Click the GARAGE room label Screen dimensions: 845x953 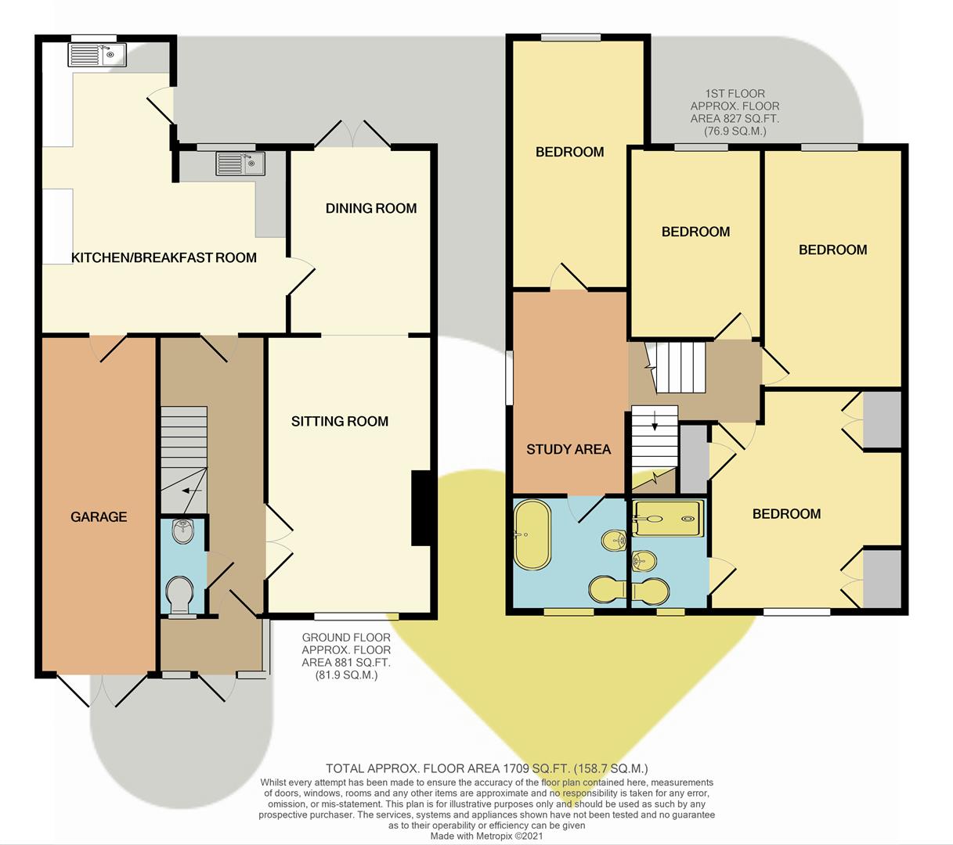99,516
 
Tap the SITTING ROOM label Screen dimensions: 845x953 340,421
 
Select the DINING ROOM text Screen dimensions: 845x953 371,208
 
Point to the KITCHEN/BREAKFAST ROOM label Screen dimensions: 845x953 164,257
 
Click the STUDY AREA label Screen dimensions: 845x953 569,449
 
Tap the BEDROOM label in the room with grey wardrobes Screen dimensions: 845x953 786,514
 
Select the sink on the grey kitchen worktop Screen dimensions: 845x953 241,164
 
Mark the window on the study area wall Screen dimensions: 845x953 509,378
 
